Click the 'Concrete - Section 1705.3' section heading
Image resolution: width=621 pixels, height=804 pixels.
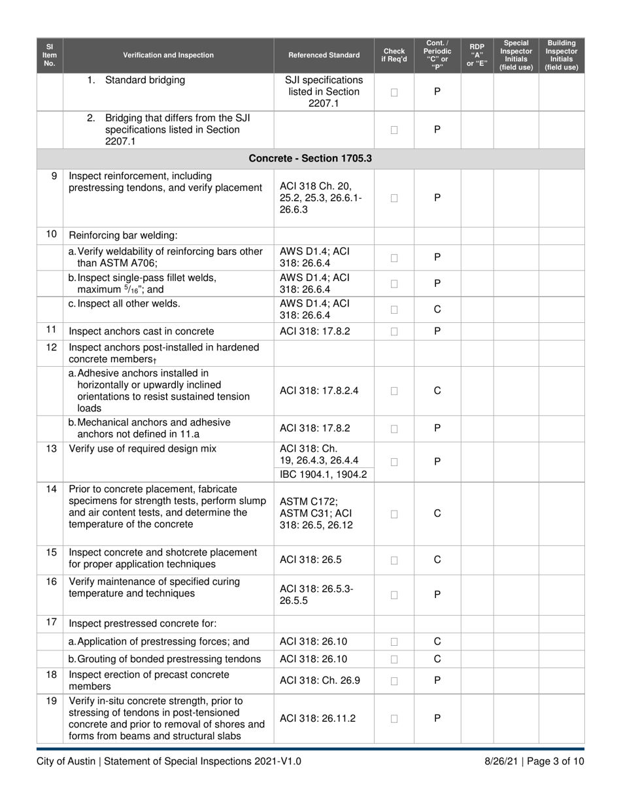[x=310, y=159]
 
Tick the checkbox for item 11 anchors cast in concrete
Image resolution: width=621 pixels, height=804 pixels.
[x=394, y=331]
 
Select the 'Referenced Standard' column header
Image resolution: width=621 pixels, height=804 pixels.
[x=324, y=55]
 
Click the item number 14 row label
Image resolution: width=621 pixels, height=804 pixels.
[x=51, y=490]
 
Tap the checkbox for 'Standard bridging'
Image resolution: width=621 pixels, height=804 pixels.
[x=394, y=92]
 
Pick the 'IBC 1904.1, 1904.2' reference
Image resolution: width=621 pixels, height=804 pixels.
[x=323, y=475]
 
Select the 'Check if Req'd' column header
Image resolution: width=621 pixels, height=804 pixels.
[x=394, y=55]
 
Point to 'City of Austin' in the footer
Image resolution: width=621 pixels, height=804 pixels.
[x=66, y=762]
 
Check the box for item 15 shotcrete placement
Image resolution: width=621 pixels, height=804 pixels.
[x=394, y=560]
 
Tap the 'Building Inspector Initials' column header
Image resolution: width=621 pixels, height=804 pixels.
[x=562, y=55]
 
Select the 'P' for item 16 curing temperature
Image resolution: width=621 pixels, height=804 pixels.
[x=437, y=594]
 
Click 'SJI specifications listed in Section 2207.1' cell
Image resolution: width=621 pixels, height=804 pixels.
[x=324, y=92]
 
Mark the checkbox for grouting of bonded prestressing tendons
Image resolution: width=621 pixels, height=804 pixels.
[x=394, y=659]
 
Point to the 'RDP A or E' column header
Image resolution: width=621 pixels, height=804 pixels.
[x=477, y=55]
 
